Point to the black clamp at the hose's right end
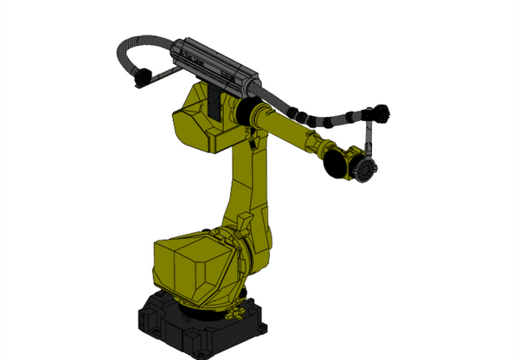[x=381, y=113]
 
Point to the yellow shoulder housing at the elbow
[x=199, y=121]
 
